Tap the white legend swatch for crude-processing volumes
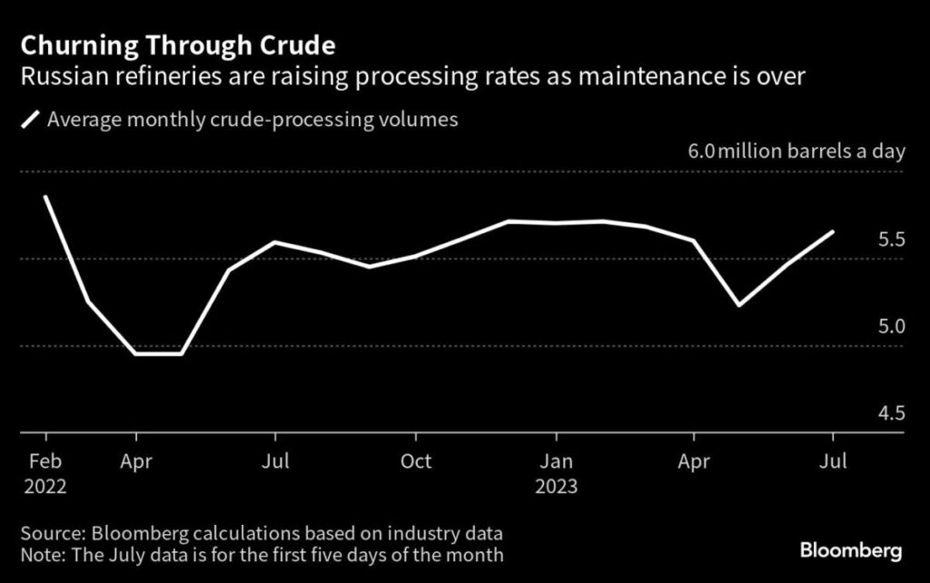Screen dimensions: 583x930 tap(32, 120)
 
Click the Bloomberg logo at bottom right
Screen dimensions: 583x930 tap(851, 550)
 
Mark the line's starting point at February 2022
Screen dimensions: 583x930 tap(45, 196)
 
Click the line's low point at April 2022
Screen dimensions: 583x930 tap(136, 353)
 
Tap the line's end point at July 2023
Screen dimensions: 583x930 tap(833, 232)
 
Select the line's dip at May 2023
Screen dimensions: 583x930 tap(740, 305)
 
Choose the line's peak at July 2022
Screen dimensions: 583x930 tap(275, 242)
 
